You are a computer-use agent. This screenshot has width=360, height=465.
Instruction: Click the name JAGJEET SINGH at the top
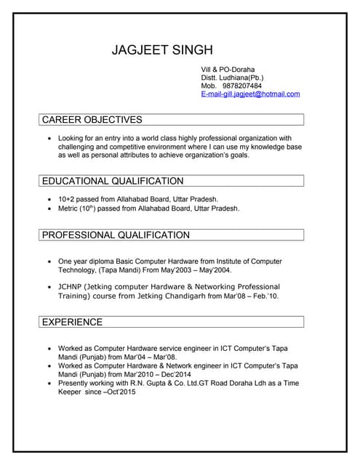(162, 50)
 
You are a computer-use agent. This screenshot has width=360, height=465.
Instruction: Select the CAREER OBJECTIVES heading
(92, 120)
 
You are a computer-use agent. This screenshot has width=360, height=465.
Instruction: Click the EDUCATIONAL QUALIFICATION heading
(113, 181)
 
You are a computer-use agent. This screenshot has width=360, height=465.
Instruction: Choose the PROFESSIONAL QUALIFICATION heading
(116, 235)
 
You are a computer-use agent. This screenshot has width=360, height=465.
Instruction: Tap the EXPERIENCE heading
(72, 322)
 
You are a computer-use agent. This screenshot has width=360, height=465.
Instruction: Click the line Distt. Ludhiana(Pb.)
(232, 78)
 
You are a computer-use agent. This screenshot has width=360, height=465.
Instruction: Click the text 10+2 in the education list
(67, 199)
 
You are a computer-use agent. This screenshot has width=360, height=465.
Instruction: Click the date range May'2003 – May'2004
(182, 270)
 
